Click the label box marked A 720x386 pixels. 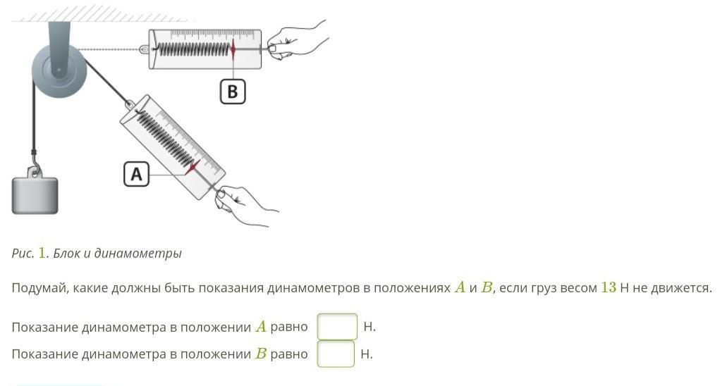(136, 174)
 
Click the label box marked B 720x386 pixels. (232, 92)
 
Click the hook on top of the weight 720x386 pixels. (33, 170)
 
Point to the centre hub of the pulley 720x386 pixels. (57, 69)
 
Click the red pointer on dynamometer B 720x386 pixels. (233, 49)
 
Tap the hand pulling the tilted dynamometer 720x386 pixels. (244, 206)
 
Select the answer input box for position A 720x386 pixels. (337, 327)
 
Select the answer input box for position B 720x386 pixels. (336, 354)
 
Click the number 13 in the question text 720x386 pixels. (608, 288)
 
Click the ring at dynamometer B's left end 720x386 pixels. (144, 49)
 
